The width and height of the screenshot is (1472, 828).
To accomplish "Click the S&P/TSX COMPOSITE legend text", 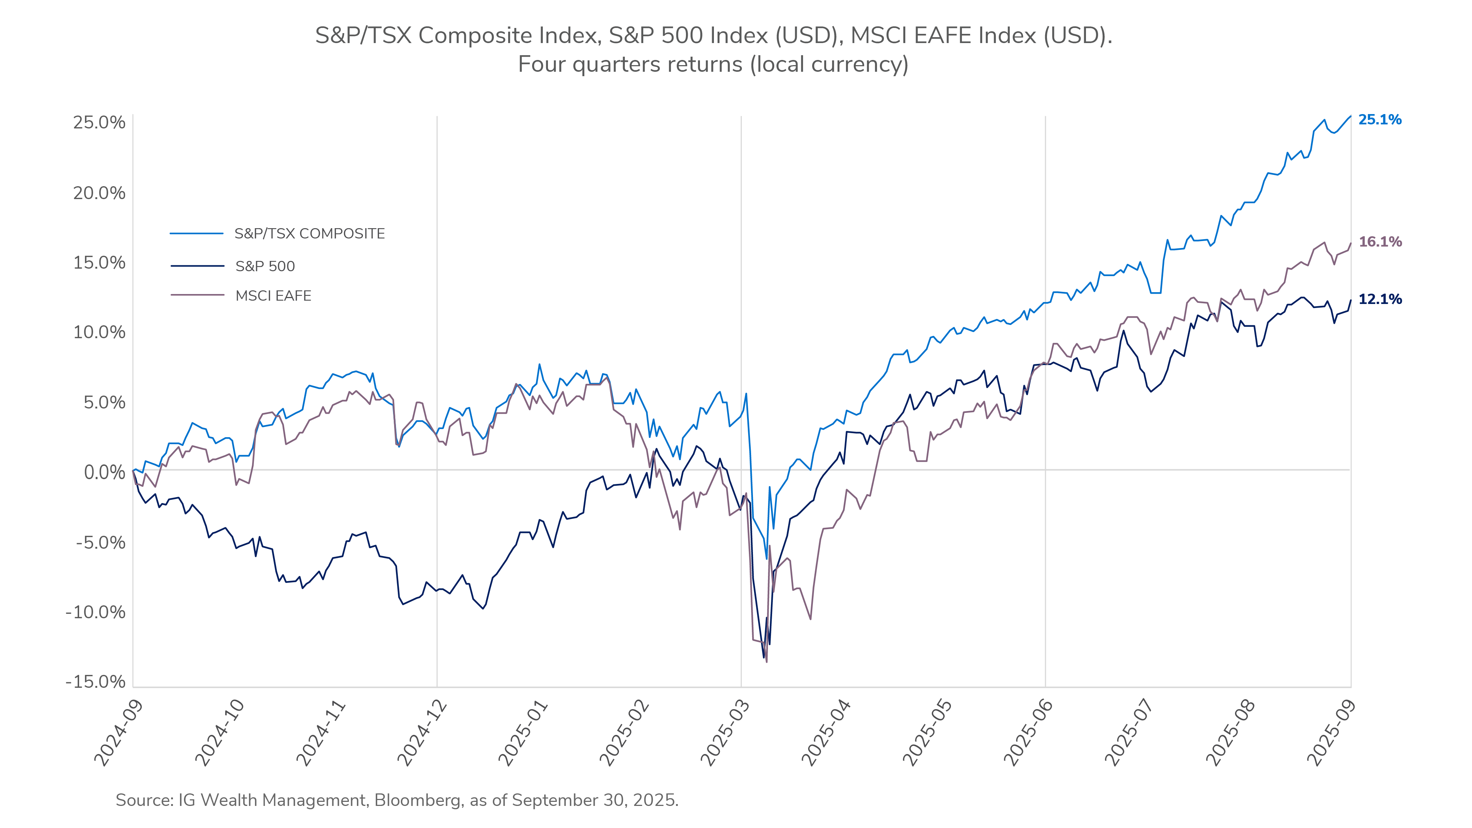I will pos(309,234).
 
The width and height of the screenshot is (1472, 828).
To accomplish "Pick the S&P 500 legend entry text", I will pos(265,266).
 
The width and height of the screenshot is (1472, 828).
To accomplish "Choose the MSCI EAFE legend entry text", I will pos(273,296).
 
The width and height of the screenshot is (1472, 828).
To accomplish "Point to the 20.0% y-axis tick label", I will pos(99,193).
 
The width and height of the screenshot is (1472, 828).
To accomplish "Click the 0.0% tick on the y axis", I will pos(104,473).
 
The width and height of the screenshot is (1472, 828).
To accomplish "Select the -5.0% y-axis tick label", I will pos(100,542).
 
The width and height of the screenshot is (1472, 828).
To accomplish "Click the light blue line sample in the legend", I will pos(197,234).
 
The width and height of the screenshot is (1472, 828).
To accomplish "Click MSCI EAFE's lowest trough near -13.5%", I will pos(766,662).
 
